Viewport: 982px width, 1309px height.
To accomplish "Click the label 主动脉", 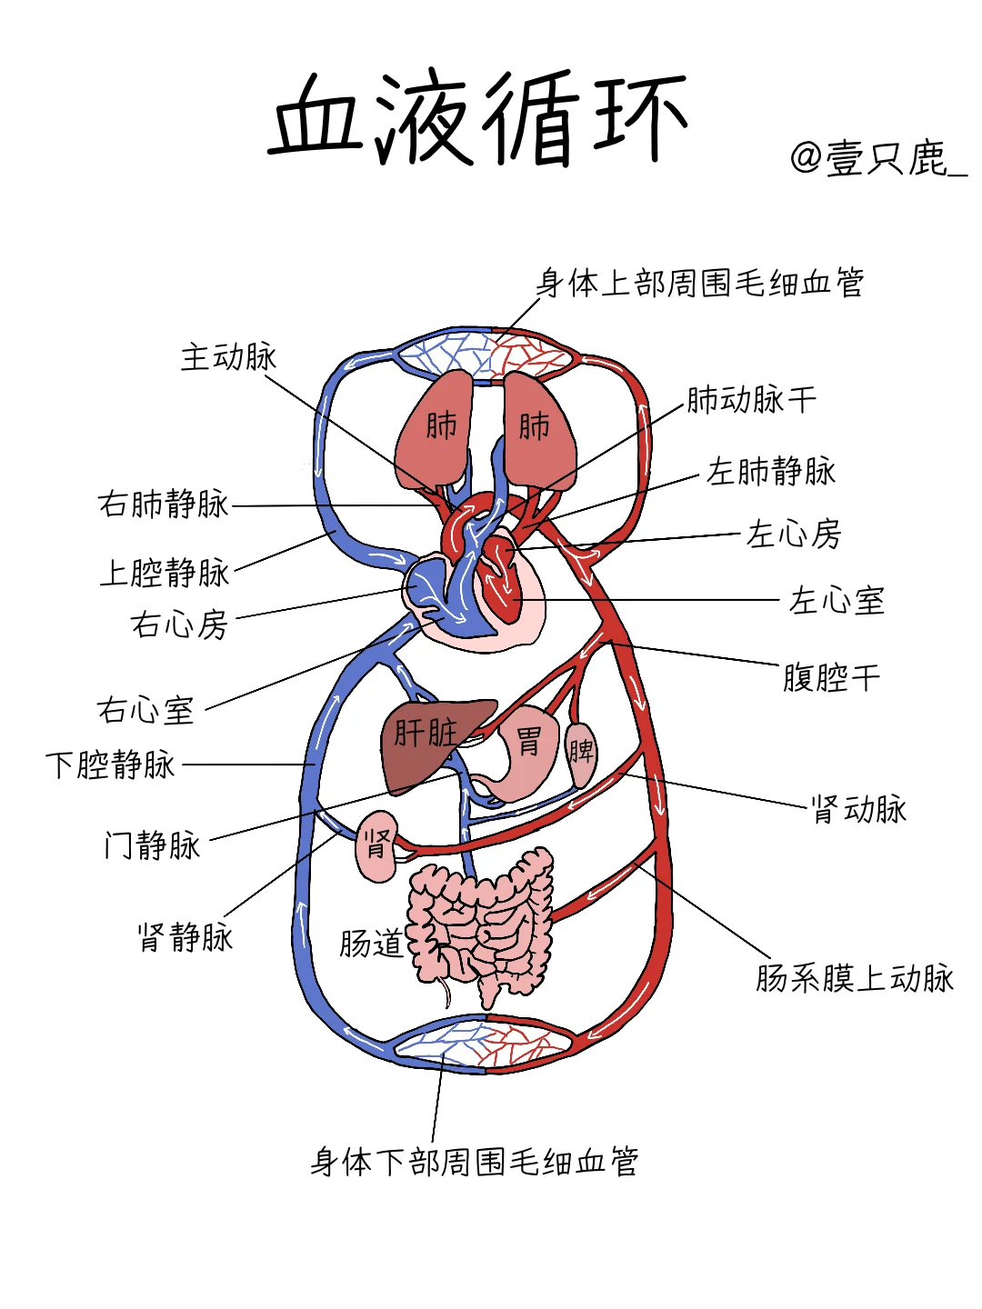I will click(x=228, y=356).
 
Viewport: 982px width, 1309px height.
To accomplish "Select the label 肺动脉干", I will click(x=751, y=399).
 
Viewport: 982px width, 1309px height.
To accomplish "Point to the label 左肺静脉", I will click(x=771, y=471).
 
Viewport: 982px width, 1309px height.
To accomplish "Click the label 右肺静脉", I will click(x=164, y=504).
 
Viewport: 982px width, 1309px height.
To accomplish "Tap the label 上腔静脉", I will click(x=165, y=573).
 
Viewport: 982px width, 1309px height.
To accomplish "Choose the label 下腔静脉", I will click(x=111, y=764).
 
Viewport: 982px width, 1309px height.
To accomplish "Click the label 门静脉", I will click(x=152, y=845).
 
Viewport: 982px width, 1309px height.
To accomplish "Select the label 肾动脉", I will click(x=859, y=808).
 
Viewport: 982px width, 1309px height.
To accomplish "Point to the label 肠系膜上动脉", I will click(x=855, y=978).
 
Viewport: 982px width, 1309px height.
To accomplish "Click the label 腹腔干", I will click(x=831, y=677).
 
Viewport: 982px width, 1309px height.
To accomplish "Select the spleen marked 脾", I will click(x=581, y=753).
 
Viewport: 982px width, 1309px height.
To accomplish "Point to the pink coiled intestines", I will click(x=482, y=927).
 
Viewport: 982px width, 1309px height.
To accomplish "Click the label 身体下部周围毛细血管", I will click(x=475, y=1161).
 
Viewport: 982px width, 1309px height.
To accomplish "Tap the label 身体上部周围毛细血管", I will click(x=700, y=283).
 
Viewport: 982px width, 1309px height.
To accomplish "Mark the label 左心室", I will click(x=837, y=601).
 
